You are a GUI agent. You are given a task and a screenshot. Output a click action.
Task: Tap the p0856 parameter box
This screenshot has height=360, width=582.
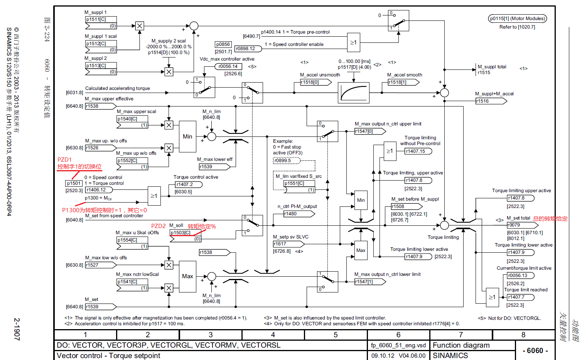223,44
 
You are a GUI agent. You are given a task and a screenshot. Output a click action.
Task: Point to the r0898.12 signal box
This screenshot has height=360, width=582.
247,49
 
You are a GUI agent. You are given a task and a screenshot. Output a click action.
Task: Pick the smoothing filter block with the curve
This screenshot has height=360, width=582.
353,93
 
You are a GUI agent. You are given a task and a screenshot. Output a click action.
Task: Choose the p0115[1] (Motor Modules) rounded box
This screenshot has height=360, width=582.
517,19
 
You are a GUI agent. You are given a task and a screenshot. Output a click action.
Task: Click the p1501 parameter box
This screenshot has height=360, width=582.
74,183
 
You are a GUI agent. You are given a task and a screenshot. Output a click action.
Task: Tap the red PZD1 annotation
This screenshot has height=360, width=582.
64,160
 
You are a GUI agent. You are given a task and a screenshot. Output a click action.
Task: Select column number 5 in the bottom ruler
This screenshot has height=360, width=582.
336,335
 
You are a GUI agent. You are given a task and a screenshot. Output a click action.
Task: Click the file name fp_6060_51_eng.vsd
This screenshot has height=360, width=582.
398,345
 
